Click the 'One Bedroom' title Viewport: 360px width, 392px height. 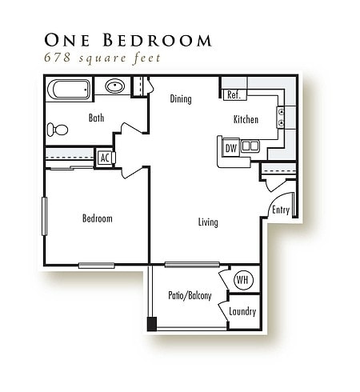pos(129,39)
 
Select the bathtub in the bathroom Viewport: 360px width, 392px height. pos(68,88)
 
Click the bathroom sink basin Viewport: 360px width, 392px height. pos(114,86)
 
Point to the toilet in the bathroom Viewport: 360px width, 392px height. pos(57,129)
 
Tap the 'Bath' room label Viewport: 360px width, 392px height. pos(96,118)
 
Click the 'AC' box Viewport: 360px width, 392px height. pos(104,158)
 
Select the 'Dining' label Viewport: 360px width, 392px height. pos(182,99)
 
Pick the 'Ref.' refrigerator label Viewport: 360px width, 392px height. pos(234,95)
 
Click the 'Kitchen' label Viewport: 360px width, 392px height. pos(246,119)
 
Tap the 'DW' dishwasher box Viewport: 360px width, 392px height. pos(230,147)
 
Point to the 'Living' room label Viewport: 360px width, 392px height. pos(208,222)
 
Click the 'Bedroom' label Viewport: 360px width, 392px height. pos(97,218)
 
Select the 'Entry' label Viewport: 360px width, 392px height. pos(280,210)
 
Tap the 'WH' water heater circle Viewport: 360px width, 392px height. pos(243,281)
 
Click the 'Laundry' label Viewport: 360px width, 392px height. pos(242,311)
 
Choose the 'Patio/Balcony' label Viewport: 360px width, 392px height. pos(190,295)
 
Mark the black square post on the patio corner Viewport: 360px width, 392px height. pos(152,324)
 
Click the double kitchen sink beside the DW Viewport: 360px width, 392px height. pos(250,146)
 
